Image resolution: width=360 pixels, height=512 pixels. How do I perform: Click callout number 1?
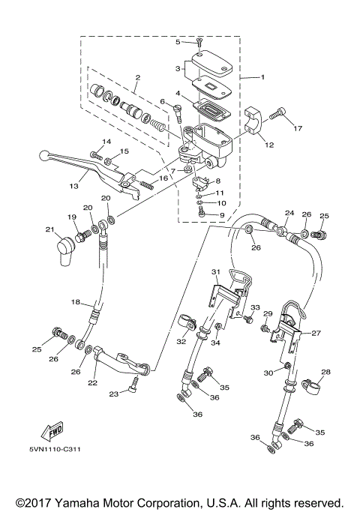pyautogui.click(x=262, y=76)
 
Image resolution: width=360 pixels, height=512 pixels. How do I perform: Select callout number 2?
pyautogui.click(x=137, y=77)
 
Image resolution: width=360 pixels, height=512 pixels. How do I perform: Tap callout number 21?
pyautogui.click(x=49, y=229)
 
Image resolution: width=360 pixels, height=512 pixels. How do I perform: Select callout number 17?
pyautogui.click(x=298, y=128)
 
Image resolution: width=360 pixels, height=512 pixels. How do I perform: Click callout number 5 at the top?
pyautogui.click(x=178, y=42)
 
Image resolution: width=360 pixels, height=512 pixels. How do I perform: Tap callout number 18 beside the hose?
pyautogui.click(x=76, y=301)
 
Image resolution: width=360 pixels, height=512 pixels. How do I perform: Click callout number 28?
pyautogui.click(x=325, y=372)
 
